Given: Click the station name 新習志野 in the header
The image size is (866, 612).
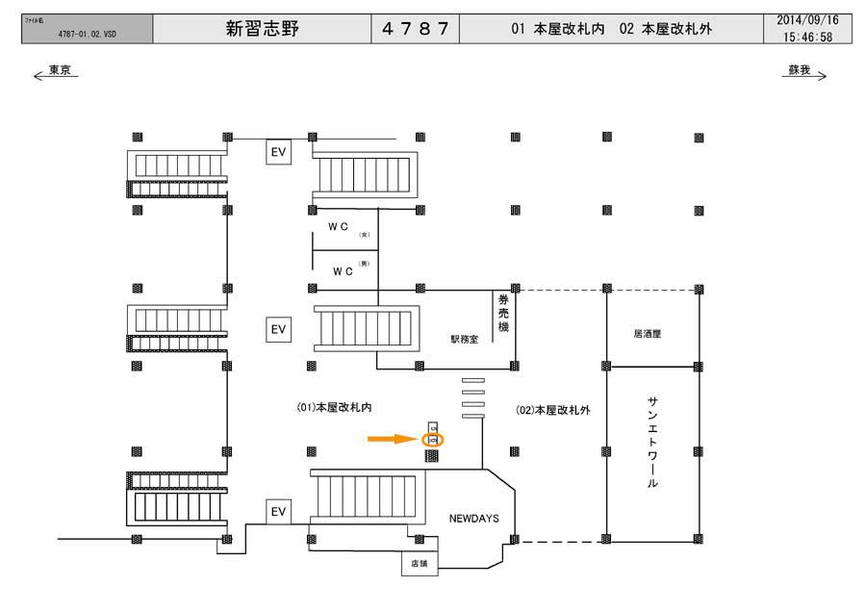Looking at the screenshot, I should (262, 29).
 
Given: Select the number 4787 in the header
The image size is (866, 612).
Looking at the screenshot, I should (416, 29).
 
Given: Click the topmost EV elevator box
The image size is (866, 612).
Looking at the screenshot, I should (278, 152).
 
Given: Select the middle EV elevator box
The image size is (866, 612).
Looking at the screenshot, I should (278, 329).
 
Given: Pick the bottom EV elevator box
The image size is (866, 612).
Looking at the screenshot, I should (278, 512).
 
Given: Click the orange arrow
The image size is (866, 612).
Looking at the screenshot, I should (393, 439).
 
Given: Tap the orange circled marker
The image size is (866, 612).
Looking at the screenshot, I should (432, 439).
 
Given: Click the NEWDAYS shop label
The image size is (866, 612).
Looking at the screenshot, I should (472, 519).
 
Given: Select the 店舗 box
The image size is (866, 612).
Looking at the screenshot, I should (419, 564).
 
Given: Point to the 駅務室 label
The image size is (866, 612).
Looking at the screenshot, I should (464, 339).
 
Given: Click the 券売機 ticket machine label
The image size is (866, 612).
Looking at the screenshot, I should (502, 315).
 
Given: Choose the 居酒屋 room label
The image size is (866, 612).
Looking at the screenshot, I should (648, 334).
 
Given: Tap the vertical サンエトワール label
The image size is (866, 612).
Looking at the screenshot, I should (652, 443).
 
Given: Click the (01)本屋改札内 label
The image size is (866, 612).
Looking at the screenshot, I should (333, 409).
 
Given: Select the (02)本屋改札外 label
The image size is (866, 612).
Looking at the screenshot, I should (553, 410).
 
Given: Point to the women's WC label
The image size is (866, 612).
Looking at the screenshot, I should (339, 227).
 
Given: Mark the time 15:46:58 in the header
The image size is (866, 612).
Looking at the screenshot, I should (808, 37).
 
